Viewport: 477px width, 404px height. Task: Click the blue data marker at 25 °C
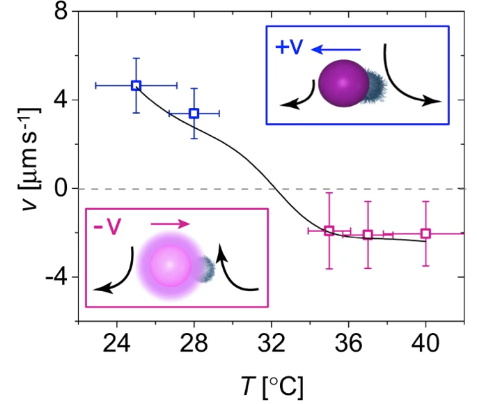pos(136,85)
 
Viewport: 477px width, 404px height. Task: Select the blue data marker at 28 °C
pos(194,113)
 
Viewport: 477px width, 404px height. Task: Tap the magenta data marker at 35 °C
pos(329,231)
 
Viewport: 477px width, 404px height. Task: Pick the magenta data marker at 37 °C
pos(368,234)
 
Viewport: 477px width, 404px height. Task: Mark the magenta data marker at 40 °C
pos(426,233)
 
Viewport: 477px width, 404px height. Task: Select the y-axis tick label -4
pos(52,277)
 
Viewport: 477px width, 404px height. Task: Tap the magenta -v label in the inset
pos(109,224)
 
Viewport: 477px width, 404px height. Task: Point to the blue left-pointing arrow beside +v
pos(337,49)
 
